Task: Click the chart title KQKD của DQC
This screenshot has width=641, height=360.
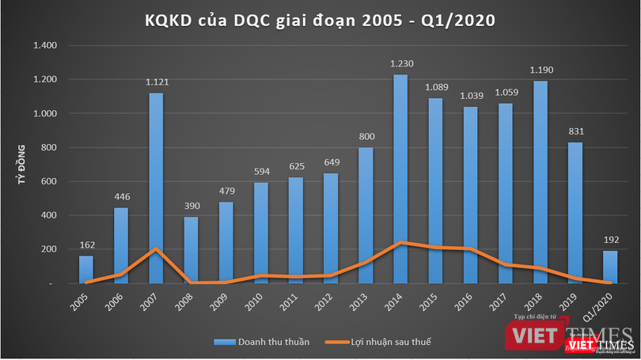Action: tap(320, 20)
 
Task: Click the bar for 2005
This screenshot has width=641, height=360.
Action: tap(86, 269)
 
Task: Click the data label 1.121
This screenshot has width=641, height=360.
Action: tap(156, 83)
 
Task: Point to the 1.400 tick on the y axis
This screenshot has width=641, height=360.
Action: tap(46, 46)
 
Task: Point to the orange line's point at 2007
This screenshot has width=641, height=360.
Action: tap(156, 248)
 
